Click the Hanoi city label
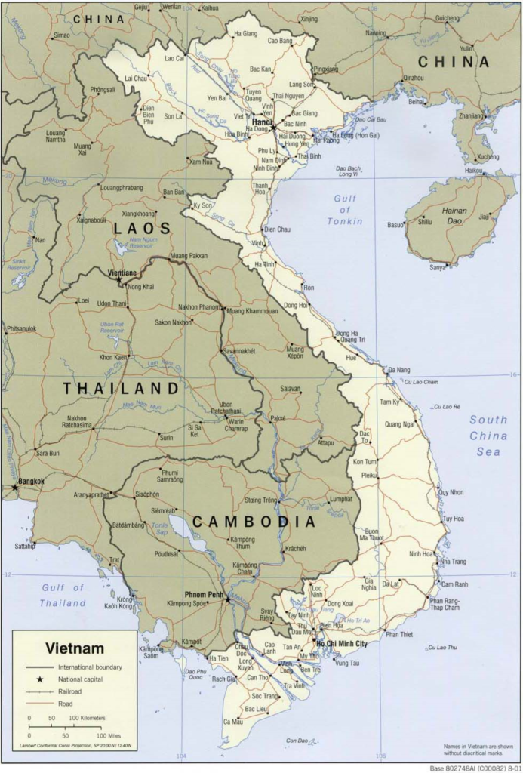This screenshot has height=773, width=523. pos(262,121)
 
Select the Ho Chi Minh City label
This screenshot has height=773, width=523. pos(342,643)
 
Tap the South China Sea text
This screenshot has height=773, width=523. pos(488,436)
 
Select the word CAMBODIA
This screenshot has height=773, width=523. pos(253,522)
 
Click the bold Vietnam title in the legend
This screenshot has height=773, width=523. pos(75,648)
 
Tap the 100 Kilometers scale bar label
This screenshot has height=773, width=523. pos(88,717)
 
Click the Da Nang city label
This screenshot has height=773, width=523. pos(398,370)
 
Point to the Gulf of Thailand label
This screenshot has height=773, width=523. pos(63,596)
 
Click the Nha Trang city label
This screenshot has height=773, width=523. pos(454,562)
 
